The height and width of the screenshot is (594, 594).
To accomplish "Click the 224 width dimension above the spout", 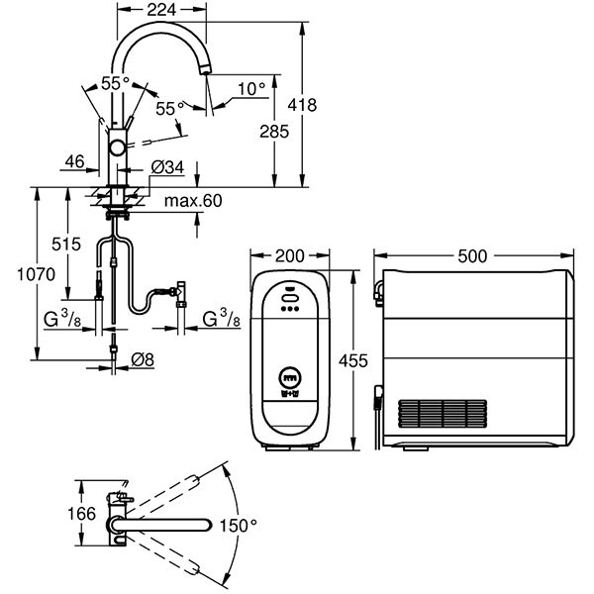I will (161, 10).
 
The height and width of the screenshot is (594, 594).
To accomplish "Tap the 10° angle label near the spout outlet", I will (251, 90).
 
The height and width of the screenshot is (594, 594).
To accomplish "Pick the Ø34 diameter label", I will (168, 167).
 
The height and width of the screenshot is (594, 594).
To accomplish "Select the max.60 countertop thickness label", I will (193, 202).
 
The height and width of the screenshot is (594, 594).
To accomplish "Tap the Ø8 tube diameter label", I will (143, 357).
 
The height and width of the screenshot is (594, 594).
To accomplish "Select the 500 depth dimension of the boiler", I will (473, 255).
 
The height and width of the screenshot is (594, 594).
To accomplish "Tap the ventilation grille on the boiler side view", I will (443, 414).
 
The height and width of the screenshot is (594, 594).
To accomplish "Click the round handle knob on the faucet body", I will (118, 148).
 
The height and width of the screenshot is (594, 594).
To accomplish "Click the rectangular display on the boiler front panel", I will (290, 377).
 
